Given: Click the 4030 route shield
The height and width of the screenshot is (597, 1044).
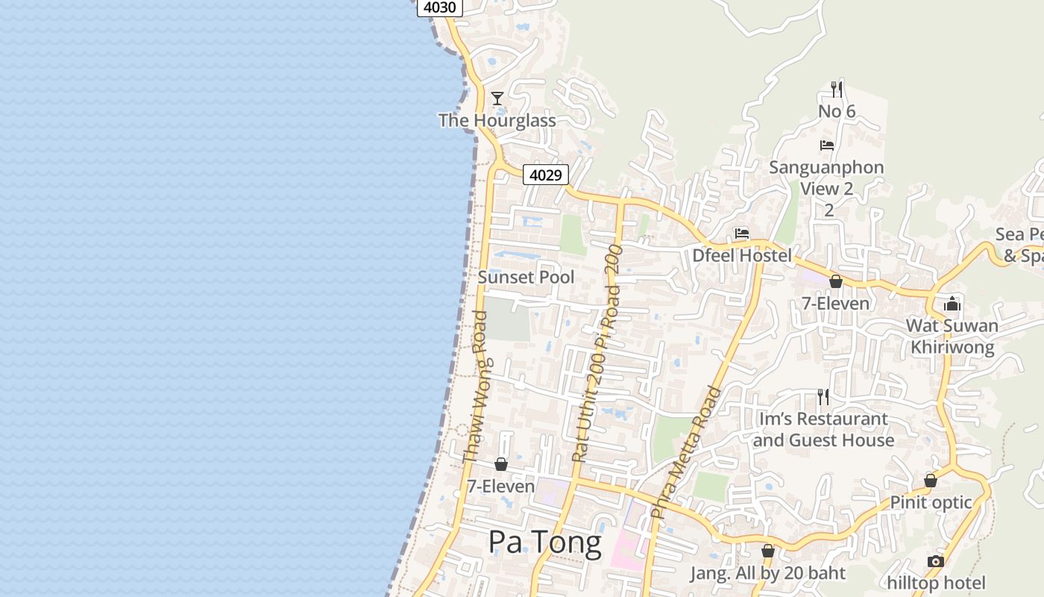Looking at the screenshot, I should pyautogui.click(x=439, y=7).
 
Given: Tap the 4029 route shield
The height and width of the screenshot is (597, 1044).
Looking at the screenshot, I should pyautogui.click(x=545, y=175).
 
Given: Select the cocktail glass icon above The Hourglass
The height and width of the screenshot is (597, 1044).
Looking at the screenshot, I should pyautogui.click(x=497, y=99).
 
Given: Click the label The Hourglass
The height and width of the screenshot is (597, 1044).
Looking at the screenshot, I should pyautogui.click(x=497, y=120).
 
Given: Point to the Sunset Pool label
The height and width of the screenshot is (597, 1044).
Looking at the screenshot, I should pyautogui.click(x=526, y=277).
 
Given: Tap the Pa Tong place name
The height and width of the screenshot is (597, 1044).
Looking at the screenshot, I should pyautogui.click(x=544, y=543).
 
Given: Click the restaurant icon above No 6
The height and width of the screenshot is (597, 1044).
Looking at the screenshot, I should pyautogui.click(x=837, y=90).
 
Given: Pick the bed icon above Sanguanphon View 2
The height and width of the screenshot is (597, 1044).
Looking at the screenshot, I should pyautogui.click(x=826, y=145).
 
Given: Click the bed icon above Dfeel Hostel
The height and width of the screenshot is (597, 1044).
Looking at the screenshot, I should pyautogui.click(x=741, y=234).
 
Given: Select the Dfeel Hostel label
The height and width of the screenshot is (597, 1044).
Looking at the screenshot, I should pyautogui.click(x=742, y=255).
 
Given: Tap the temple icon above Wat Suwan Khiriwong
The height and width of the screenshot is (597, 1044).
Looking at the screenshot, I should pyautogui.click(x=952, y=304).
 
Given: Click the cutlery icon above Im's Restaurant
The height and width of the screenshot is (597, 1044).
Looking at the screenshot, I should pyautogui.click(x=823, y=396).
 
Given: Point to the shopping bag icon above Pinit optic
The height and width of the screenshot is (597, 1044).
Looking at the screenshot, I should pyautogui.click(x=931, y=481).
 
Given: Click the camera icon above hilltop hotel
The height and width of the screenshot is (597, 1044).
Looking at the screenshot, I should pyautogui.click(x=936, y=561).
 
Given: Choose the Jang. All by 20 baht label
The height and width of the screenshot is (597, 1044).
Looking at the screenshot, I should pyautogui.click(x=767, y=573).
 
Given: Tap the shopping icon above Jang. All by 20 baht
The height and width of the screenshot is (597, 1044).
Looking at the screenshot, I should pyautogui.click(x=767, y=551).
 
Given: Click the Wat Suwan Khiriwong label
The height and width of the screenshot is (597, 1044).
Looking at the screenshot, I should pyautogui.click(x=952, y=336).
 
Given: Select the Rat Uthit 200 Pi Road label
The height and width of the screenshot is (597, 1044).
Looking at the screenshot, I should pyautogui.click(x=596, y=353).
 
